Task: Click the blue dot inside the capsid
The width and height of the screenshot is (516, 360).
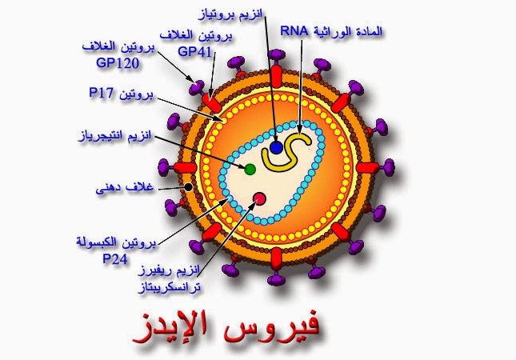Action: tap(277, 148)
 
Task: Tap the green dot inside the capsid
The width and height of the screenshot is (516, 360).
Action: tap(250, 169)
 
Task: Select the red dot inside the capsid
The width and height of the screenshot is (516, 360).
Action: tap(259, 198)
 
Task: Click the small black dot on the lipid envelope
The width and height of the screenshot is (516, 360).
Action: tap(187, 186)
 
